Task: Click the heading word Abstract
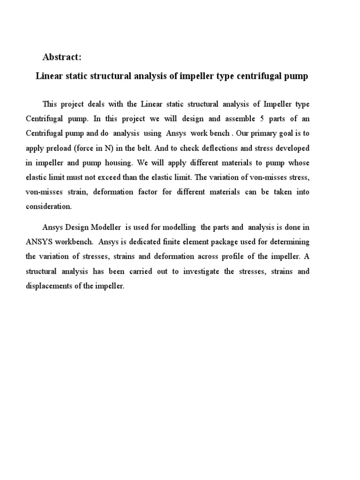62,57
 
